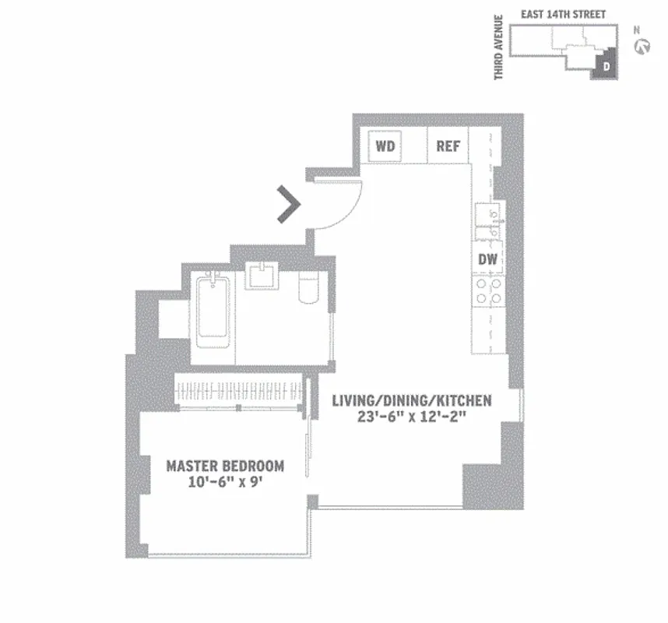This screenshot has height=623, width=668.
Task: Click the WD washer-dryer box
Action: [x=384, y=146]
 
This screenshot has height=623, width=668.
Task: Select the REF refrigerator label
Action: [x=448, y=146]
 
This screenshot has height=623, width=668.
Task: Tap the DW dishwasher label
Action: [x=487, y=259]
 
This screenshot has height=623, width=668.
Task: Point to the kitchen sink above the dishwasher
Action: [x=488, y=222]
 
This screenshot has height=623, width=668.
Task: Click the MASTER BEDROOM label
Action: [x=225, y=466]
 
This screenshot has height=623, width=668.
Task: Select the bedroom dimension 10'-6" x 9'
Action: [x=225, y=482]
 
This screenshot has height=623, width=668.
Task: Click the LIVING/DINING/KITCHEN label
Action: [x=411, y=400]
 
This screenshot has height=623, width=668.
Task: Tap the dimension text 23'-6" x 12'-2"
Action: [x=411, y=417]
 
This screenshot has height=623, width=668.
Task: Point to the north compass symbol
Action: [x=643, y=47]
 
